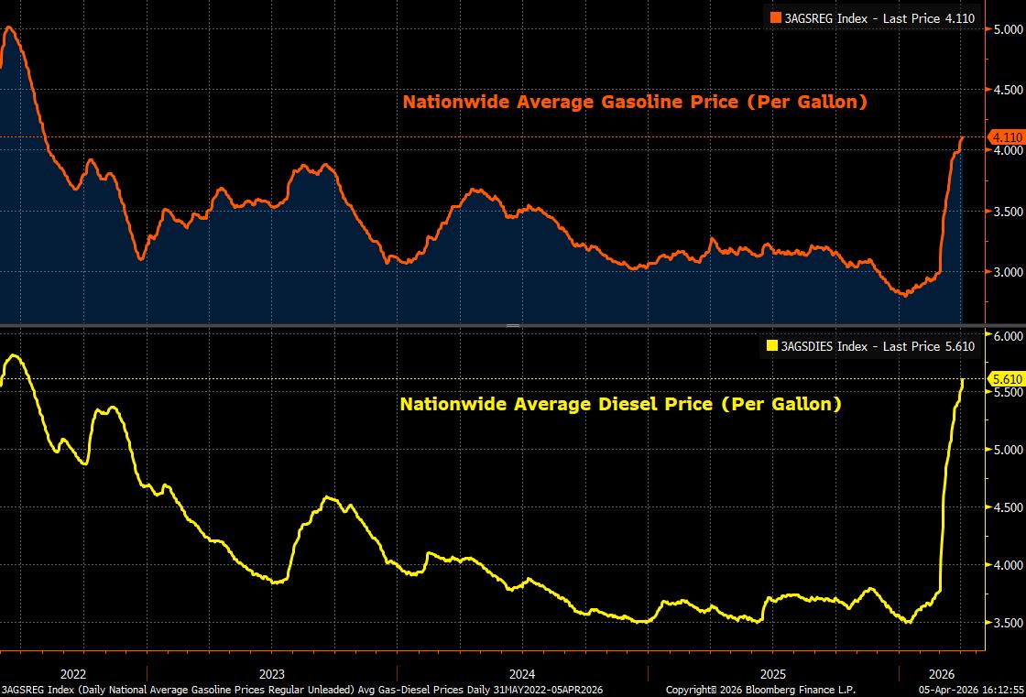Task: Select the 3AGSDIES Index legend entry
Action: (871, 345)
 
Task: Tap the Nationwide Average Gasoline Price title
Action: (635, 102)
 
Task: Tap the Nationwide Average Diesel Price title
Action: (620, 403)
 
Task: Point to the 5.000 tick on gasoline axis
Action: (1008, 30)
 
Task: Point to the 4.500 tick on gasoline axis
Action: (1008, 90)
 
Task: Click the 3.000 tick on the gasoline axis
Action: (1008, 272)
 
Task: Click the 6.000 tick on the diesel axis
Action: (1008, 336)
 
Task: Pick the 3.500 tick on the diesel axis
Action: (1008, 623)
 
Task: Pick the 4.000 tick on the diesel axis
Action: (1008, 565)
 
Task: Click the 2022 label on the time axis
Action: (72, 670)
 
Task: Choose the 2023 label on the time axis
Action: (272, 670)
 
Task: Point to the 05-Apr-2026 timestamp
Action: (970, 689)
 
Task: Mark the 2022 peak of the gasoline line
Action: (9, 27)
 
